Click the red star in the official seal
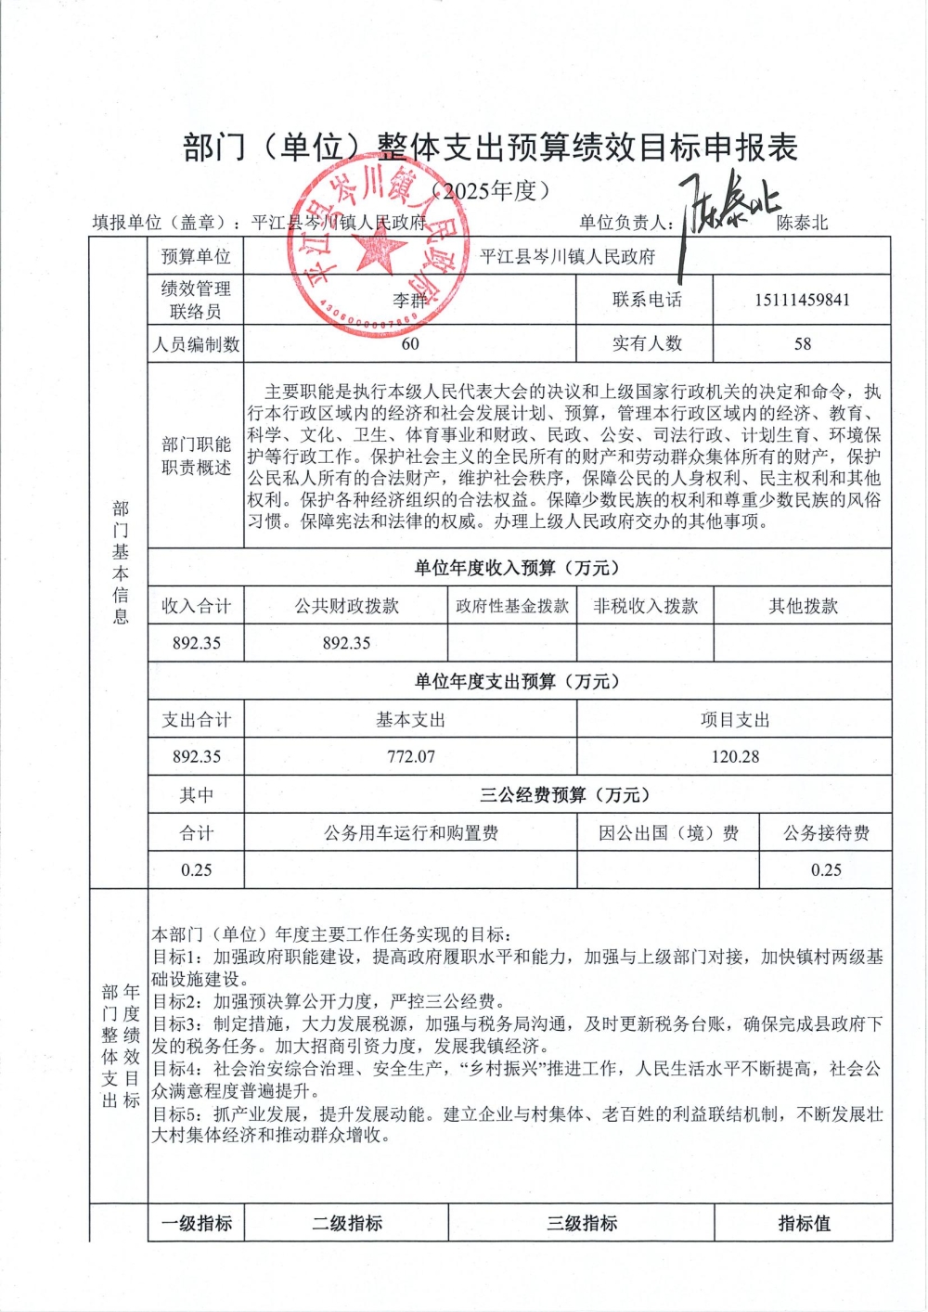(x=376, y=249)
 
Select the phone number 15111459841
(x=802, y=300)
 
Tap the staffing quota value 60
(x=410, y=343)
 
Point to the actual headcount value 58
(x=803, y=343)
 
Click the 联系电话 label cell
(x=647, y=300)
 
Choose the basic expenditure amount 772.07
(x=411, y=756)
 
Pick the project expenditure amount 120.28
(x=735, y=756)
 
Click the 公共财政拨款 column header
(x=347, y=606)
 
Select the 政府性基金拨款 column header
(x=512, y=606)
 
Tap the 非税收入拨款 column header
(x=646, y=606)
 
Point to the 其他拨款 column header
(x=803, y=606)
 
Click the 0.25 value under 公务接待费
(x=826, y=869)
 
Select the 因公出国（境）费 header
(x=668, y=832)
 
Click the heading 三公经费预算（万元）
(x=564, y=794)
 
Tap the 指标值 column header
(x=804, y=1223)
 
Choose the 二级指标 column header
(x=347, y=1223)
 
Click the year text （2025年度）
(x=491, y=191)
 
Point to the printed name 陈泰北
(x=802, y=223)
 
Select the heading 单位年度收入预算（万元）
(x=516, y=568)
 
